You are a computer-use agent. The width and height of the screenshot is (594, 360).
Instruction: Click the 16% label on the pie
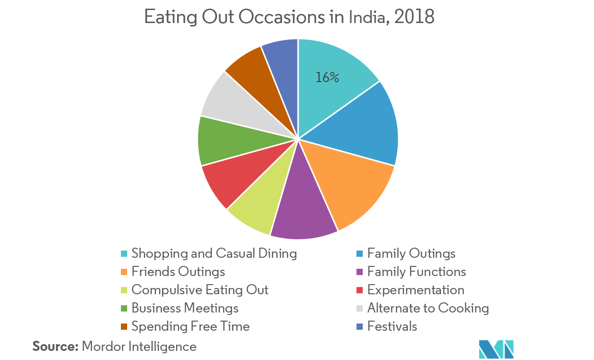[327, 77]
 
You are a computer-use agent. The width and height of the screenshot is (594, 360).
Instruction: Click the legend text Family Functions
[416, 272]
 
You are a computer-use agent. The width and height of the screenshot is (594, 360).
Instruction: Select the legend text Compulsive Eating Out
[200, 290]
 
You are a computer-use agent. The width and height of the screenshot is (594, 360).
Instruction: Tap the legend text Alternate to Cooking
[428, 308]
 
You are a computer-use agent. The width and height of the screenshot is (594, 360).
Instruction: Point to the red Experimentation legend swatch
[360, 290]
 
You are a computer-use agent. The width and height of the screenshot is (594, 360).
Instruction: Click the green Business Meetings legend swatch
[124, 309]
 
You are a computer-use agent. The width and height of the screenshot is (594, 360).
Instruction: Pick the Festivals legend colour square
[360, 327]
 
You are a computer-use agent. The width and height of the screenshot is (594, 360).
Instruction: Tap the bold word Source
[55, 347]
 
